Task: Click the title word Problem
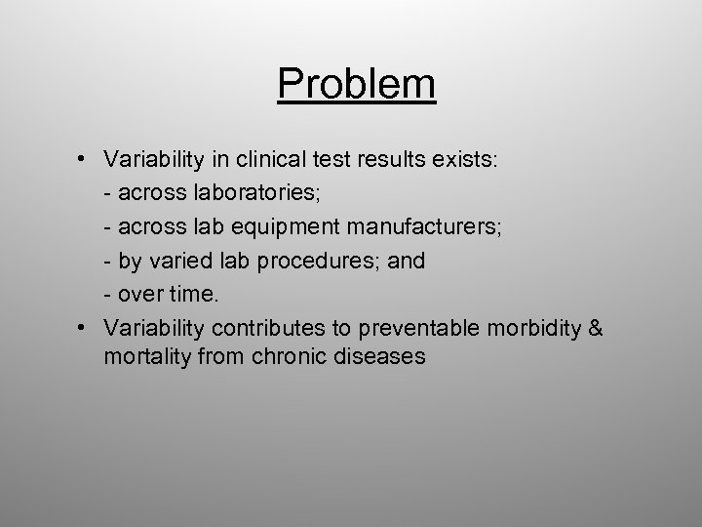point(356,85)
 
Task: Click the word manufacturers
point(422,227)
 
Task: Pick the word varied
point(173,262)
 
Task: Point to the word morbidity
point(535,327)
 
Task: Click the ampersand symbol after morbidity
point(595,327)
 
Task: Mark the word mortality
point(145,356)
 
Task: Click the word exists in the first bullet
point(468,160)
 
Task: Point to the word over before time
point(142,294)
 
